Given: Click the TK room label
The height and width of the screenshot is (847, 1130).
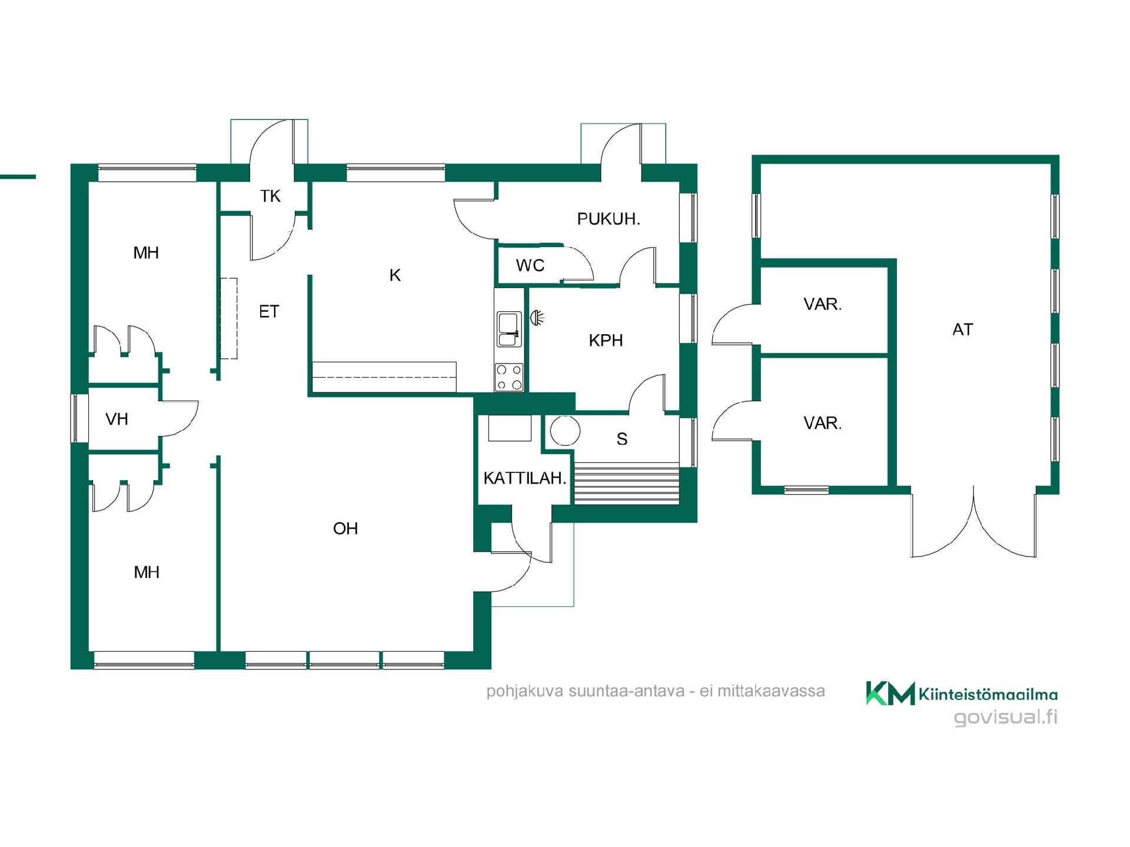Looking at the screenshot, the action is click(271, 196).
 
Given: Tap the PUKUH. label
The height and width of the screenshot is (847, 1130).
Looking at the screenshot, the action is click(609, 219).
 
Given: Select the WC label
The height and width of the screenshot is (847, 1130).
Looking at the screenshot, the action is click(530, 265).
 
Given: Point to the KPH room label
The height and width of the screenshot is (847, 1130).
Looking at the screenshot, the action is click(606, 341).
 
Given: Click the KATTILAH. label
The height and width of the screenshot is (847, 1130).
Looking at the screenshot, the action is click(524, 478).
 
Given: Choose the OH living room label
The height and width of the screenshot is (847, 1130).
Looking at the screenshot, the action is click(345, 529).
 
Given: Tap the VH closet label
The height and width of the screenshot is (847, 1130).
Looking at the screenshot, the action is click(117, 419).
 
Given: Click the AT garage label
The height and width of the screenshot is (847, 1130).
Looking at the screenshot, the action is click(963, 330).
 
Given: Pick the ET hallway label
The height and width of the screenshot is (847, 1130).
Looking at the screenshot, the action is click(269, 312).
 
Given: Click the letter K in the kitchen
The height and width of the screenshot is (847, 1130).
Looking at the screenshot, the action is click(395, 275).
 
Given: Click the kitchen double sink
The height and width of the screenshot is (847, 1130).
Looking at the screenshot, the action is click(508, 329).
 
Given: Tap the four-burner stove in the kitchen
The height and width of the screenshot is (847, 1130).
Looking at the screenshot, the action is click(509, 378).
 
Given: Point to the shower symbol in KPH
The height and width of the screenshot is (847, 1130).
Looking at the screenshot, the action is click(537, 318).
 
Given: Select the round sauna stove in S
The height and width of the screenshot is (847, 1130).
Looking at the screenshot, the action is click(565, 431).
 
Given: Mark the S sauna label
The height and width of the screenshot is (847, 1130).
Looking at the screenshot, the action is click(622, 439).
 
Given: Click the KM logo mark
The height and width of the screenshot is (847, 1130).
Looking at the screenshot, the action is click(890, 693).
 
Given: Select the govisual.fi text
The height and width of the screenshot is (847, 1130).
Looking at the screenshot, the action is click(1005, 717).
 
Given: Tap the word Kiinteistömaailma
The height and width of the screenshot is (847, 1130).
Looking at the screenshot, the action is click(988, 695).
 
